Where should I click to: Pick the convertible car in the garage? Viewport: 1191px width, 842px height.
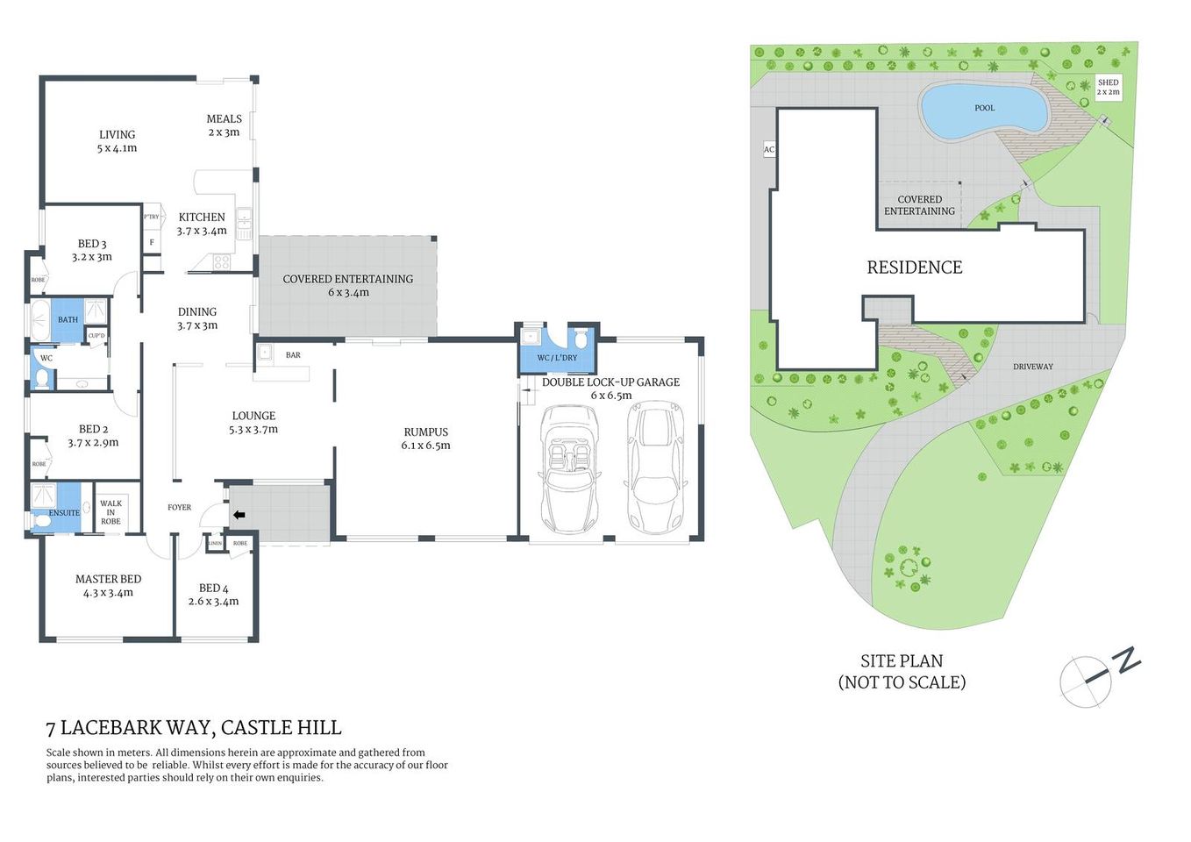(569, 468)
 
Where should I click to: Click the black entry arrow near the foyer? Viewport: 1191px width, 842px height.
(239, 515)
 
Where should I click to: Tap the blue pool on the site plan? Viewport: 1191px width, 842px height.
(984, 111)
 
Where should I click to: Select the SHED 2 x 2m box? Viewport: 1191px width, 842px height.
(1108, 87)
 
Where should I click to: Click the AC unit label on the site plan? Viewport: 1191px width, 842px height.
(768, 150)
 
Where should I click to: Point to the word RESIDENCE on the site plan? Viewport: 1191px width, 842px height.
(914, 268)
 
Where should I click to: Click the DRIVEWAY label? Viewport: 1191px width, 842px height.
(1032, 367)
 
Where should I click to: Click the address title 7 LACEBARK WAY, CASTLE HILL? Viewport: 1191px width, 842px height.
(194, 728)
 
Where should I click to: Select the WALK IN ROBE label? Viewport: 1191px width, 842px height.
(111, 512)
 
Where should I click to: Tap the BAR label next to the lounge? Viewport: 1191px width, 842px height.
(293, 355)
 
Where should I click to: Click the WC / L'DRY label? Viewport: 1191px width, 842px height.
(557, 358)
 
